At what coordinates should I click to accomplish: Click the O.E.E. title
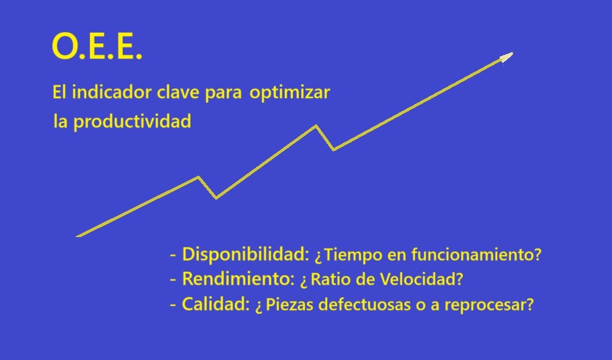click(97, 46)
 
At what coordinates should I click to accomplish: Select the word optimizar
click(290, 93)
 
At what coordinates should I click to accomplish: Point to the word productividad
click(132, 121)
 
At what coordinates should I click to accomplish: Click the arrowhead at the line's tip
click(506, 57)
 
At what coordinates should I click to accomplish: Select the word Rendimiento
click(238, 279)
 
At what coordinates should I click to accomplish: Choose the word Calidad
click(215, 304)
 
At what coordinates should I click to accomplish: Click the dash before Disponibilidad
click(173, 256)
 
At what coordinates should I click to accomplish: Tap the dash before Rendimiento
click(173, 280)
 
